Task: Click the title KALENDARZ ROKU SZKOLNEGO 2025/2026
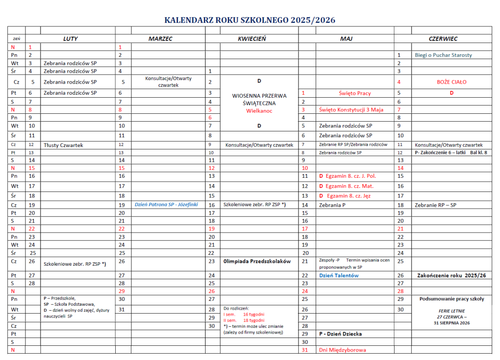250,20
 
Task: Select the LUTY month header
70,39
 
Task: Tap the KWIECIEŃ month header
251,39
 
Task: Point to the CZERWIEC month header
443,39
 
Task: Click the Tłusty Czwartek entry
63,145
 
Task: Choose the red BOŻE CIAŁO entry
452,82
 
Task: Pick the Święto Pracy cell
354,93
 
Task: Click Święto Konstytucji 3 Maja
351,109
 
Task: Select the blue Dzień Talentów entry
339,275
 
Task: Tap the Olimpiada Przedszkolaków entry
257,261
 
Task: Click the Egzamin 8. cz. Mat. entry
347,186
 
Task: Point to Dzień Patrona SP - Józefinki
166,205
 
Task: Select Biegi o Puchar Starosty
443,55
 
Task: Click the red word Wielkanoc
259,111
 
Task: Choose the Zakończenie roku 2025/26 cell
452,275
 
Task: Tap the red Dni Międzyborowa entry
342,350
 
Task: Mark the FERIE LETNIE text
451,311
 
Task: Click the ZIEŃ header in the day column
16,39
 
